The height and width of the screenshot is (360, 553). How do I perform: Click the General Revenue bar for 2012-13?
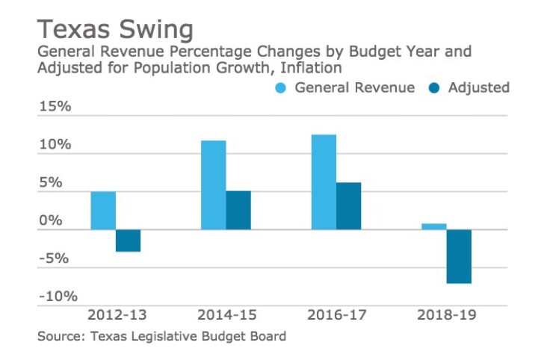(103, 211)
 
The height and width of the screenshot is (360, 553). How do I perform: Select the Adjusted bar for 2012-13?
(128, 240)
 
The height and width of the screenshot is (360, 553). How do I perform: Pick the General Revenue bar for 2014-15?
(213, 185)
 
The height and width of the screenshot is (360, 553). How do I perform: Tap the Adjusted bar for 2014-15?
(238, 210)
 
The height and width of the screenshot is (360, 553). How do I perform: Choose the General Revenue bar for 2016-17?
(324, 182)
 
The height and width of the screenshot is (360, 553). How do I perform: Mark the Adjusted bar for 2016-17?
(348, 206)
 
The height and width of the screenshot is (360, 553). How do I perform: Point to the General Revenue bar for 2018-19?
(434, 226)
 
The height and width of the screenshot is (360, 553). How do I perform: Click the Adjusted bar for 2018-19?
(459, 256)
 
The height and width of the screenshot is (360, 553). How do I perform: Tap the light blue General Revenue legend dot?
(281, 88)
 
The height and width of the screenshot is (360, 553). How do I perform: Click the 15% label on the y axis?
(55, 107)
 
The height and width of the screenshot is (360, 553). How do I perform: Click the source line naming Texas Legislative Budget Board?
(161, 337)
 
